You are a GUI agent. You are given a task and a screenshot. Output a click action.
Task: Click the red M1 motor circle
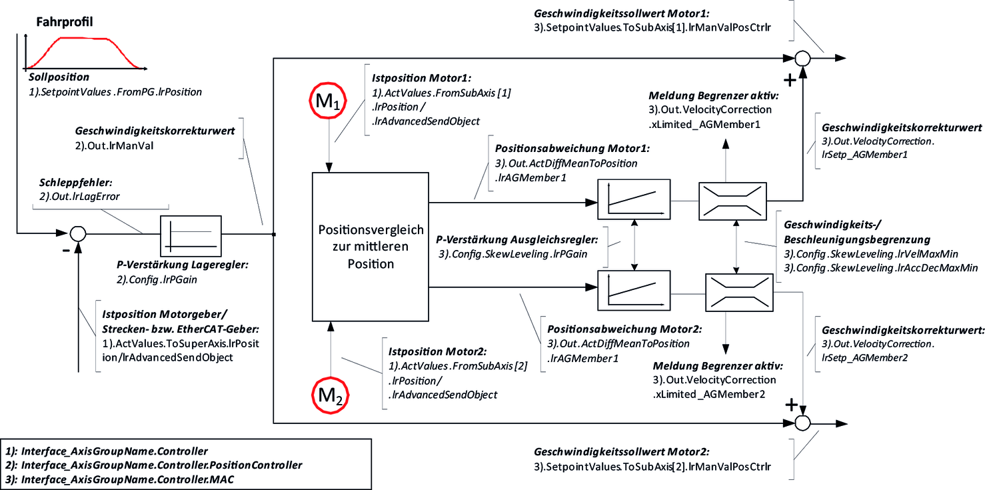click(328, 103)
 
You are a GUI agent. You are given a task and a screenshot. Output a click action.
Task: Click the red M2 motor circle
click(329, 395)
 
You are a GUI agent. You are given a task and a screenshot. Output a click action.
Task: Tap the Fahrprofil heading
click(64, 22)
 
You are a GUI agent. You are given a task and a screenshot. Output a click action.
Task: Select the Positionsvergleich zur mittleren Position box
click(370, 247)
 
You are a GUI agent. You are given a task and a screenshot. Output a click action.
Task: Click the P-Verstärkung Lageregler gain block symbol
click(191, 234)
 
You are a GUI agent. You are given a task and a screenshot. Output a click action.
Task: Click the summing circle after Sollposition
click(78, 233)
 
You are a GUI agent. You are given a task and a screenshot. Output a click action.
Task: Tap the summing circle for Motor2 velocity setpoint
click(803, 423)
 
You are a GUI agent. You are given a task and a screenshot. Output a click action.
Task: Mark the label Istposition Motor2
click(439, 351)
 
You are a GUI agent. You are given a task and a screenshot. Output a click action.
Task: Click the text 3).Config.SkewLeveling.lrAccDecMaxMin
click(881, 267)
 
